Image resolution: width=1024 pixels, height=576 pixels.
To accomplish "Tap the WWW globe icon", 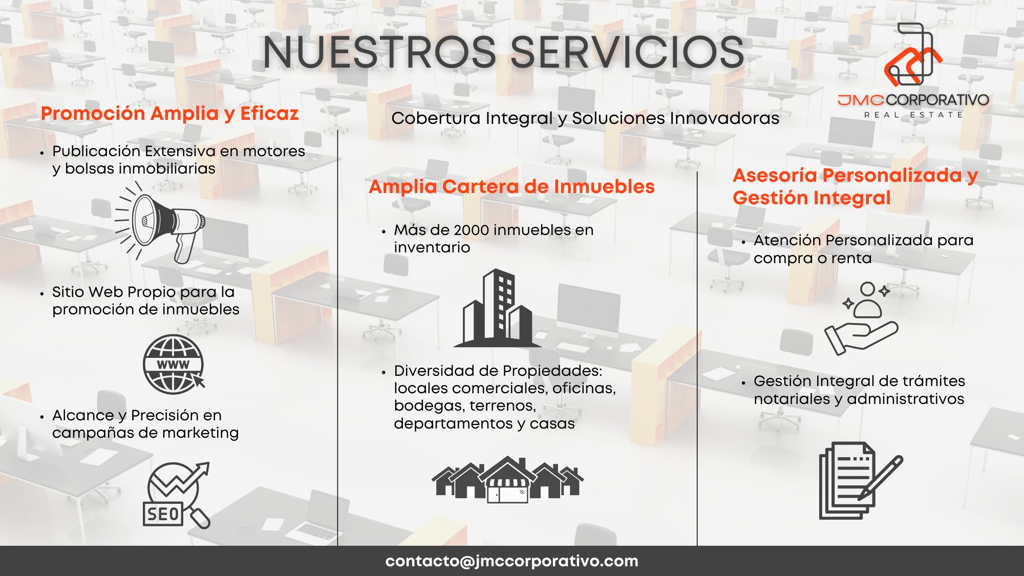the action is [x=174, y=364].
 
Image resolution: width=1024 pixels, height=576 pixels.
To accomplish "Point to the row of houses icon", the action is [x=507, y=479].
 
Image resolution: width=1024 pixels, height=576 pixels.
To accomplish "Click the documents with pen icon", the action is [x=861, y=480].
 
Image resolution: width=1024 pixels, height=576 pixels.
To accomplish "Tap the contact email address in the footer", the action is [x=512, y=561].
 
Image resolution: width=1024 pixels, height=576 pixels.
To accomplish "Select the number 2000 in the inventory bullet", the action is [x=472, y=230].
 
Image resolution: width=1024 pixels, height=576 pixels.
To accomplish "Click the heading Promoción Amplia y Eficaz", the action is [x=169, y=113].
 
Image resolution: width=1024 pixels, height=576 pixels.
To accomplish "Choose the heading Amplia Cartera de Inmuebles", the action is [x=511, y=187].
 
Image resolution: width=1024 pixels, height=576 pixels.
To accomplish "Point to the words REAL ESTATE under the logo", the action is [x=913, y=115].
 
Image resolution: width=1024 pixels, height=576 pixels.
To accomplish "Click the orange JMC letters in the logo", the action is [x=861, y=100].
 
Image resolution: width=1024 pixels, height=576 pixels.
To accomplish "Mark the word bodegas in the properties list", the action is [x=430, y=406].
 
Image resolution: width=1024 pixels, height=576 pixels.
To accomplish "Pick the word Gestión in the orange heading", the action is [x=769, y=198].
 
